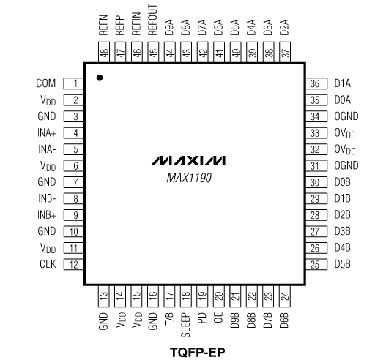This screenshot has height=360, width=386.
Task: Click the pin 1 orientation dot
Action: coord(100,78)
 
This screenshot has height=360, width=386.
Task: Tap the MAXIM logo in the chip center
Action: coord(188,160)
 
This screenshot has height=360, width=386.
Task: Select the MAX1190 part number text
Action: coord(189,178)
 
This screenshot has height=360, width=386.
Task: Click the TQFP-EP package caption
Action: coord(198,352)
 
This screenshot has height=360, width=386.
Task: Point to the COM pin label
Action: coord(46,83)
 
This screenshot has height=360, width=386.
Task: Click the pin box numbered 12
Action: coord(73,264)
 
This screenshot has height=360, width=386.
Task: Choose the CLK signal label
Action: coord(48,264)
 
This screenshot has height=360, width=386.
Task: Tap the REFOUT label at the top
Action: coord(152,20)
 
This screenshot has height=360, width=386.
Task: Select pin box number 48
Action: coord(104,52)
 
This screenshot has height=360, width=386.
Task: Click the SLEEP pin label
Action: coord(185,325)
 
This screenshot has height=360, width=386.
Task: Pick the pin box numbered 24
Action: coord(285,296)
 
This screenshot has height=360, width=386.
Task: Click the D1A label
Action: coord(343,83)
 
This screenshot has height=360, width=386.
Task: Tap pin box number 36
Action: coord(316,83)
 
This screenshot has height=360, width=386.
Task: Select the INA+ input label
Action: coord(47,132)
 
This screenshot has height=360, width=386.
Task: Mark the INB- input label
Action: coord(47,198)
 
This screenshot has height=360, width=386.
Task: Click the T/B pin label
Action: coord(169,319)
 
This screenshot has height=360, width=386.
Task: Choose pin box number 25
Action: coord(316,264)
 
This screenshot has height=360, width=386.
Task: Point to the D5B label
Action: coord(343,264)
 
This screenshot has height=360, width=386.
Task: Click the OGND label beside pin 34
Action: coord(346,116)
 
